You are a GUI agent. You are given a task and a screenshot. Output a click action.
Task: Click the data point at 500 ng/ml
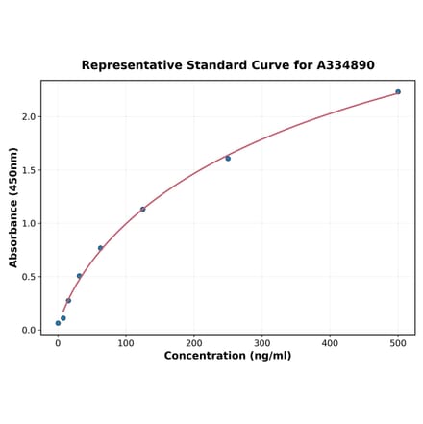pyautogui.click(x=398, y=92)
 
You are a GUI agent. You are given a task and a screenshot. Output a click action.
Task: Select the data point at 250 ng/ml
pyautogui.click(x=228, y=159)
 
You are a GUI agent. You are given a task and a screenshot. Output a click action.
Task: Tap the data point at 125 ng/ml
pyautogui.click(x=143, y=209)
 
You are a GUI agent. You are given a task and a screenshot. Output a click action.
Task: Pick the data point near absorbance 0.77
pyautogui.click(x=100, y=248)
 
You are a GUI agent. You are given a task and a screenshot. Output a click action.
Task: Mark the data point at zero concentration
pyautogui.click(x=58, y=323)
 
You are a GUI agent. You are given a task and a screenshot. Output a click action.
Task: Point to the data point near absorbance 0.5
pyautogui.click(x=79, y=276)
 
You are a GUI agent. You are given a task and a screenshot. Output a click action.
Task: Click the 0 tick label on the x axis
pyautogui.click(x=58, y=342)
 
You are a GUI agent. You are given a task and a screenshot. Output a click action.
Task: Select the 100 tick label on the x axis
pyautogui.click(x=126, y=342)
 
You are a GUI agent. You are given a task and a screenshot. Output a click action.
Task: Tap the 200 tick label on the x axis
pyautogui.click(x=194, y=342)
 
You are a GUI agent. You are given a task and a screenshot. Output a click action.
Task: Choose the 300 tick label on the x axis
pyautogui.click(x=262, y=342)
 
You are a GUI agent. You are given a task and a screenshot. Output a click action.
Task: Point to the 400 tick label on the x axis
pyautogui.click(x=331, y=342)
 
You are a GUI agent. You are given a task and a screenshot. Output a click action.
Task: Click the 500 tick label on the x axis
pyautogui.click(x=398, y=342)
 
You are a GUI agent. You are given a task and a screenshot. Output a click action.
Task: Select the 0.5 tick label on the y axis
pyautogui.click(x=28, y=277)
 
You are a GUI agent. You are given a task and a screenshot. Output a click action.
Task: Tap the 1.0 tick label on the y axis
pyautogui.click(x=28, y=224)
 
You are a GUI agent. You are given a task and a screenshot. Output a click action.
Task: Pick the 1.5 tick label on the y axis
pyautogui.click(x=28, y=170)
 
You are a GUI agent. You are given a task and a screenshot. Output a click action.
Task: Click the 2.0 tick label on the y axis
pyautogui.click(x=28, y=117)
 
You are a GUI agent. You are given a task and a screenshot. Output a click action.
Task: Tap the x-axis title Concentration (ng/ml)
pyautogui.click(x=228, y=356)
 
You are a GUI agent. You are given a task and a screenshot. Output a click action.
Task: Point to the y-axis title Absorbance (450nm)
pyautogui.click(x=13, y=207)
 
